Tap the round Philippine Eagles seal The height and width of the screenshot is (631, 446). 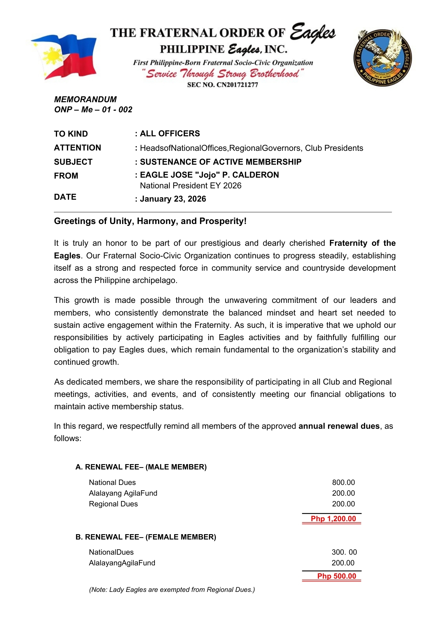(x=383, y=58)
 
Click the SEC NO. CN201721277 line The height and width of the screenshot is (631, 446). (x=222, y=85)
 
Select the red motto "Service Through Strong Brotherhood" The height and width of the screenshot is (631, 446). (x=223, y=74)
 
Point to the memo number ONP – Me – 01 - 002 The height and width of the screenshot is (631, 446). (x=93, y=109)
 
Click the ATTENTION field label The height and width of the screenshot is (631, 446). (x=78, y=148)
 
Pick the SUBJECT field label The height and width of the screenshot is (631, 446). (x=73, y=162)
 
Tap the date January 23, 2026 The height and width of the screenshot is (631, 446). (x=173, y=199)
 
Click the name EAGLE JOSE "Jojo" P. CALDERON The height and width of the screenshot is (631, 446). (x=209, y=175)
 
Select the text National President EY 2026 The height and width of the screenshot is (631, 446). (x=191, y=186)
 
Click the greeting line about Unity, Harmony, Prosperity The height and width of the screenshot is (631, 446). (x=150, y=221)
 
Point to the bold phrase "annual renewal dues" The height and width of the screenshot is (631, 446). (x=339, y=426)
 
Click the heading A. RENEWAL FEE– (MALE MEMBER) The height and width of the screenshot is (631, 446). (x=141, y=467)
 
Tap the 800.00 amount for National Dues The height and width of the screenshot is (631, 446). (x=343, y=482)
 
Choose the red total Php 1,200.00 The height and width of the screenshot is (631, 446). (x=333, y=519)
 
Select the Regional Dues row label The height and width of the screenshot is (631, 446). (x=113, y=504)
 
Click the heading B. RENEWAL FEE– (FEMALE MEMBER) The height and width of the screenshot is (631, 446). (x=146, y=537)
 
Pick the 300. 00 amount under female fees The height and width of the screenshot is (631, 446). (x=344, y=552)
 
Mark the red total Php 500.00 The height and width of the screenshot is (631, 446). (x=337, y=576)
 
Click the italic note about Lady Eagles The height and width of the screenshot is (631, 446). (x=172, y=590)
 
